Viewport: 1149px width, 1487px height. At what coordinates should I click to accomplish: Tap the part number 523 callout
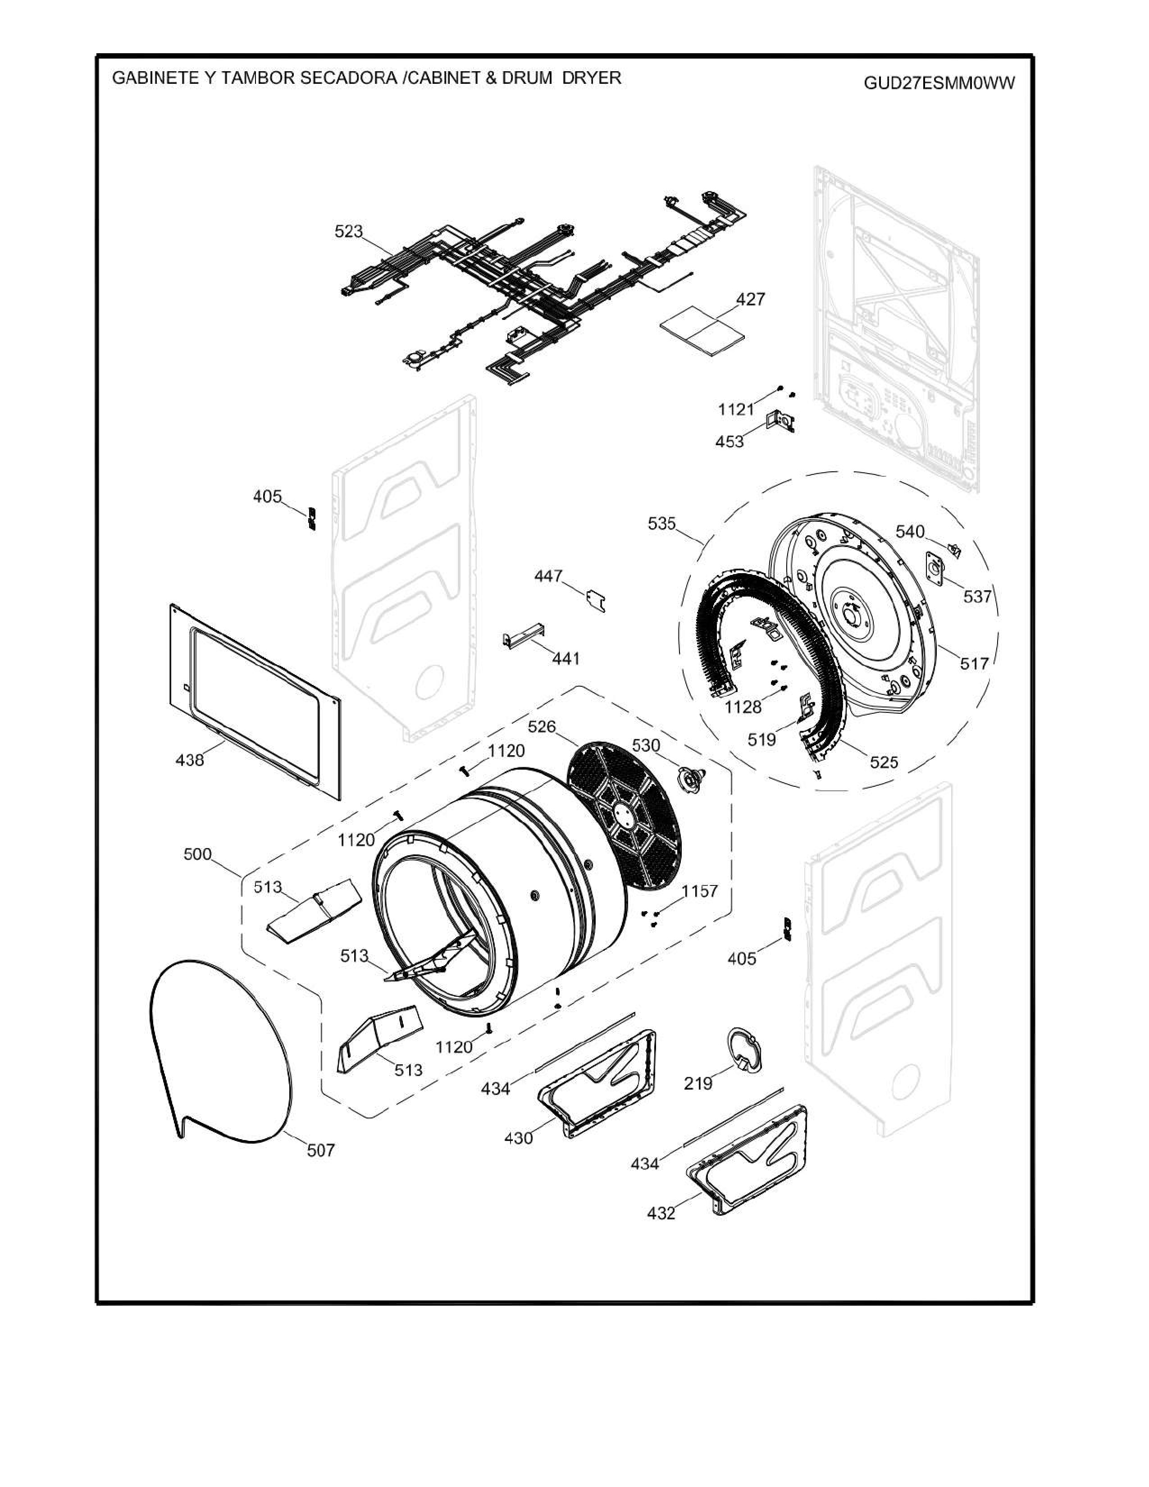[x=348, y=232]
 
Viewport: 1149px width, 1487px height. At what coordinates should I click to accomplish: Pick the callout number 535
[x=661, y=524]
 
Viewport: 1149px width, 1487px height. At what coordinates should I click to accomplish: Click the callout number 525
[x=884, y=762]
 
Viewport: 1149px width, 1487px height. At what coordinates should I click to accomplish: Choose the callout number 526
[x=541, y=726]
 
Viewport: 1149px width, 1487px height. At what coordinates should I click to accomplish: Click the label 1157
[x=700, y=891]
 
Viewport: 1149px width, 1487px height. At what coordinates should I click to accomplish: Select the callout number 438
[x=189, y=760]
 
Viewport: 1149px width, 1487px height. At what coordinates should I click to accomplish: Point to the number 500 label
[x=197, y=854]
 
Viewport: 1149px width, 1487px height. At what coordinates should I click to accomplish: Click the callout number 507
[x=321, y=1150]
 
